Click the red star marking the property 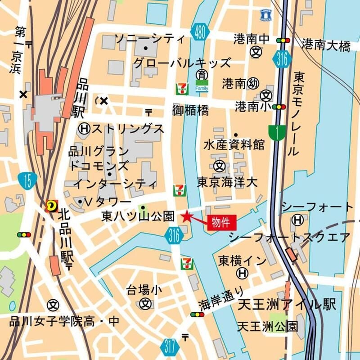tap(187, 217)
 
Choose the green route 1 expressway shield tap(276, 133)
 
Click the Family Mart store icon tap(202, 85)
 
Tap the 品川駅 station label tap(82, 97)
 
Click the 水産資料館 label tap(234, 145)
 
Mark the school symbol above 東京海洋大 tap(220, 166)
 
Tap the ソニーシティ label tap(150, 38)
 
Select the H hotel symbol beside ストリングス tap(84, 129)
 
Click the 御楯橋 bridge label tap(190, 110)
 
